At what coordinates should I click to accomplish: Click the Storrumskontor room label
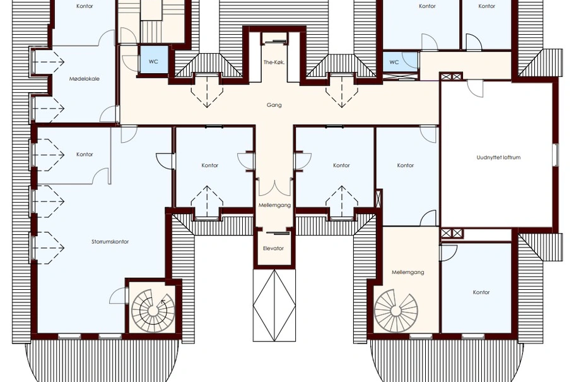point(110,242)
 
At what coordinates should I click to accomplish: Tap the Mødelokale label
point(84,79)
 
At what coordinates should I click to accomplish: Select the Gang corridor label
point(274,105)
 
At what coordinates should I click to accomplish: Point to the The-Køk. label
point(274,63)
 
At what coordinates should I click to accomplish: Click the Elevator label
point(274,249)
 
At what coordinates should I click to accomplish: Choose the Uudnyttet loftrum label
point(498,158)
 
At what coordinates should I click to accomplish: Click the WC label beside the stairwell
point(153,62)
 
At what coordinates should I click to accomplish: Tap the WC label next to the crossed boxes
point(394,63)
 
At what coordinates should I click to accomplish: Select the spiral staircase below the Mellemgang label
point(395,311)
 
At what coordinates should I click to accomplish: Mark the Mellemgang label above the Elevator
point(274,205)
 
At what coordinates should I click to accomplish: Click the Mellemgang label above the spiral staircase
point(408,272)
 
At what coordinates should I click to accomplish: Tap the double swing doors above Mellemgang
point(274,187)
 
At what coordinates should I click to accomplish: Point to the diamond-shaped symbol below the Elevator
point(274,306)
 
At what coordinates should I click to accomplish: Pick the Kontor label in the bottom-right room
point(481,292)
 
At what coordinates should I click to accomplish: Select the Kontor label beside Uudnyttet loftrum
point(406,165)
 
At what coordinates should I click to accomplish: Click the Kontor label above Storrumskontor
point(85,155)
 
